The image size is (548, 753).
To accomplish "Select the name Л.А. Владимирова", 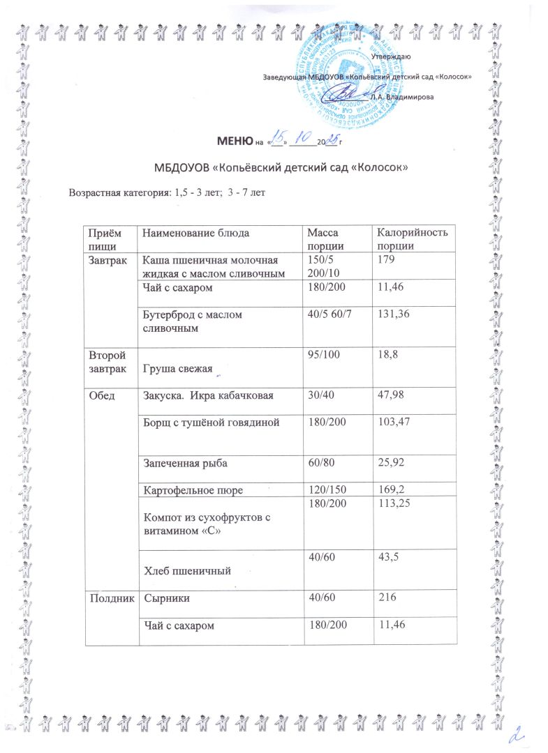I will click(x=402, y=97).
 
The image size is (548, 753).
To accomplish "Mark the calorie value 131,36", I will click(x=392, y=314).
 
